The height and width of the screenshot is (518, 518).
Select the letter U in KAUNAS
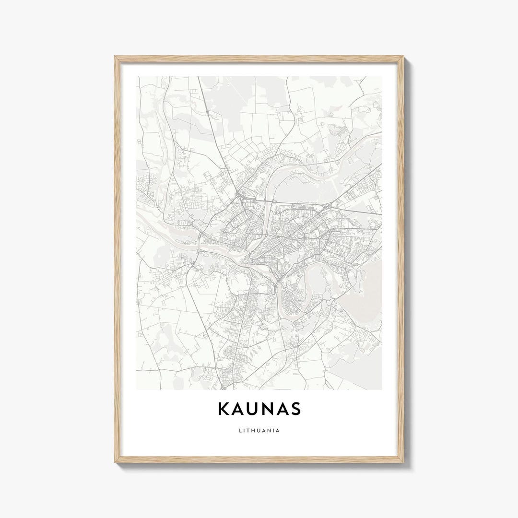[x=255, y=409]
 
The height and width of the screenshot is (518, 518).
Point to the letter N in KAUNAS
[x=271, y=409]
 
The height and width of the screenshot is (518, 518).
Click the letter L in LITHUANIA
[x=239, y=430]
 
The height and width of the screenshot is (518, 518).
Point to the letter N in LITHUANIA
[x=270, y=430]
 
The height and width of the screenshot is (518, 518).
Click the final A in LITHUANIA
[x=279, y=430]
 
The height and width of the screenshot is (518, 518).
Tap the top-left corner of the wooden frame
[x=116, y=57]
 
